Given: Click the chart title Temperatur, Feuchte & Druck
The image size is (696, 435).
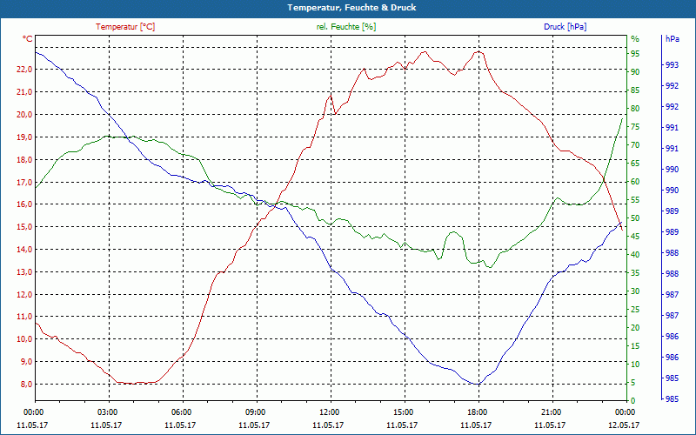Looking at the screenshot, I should (348, 7).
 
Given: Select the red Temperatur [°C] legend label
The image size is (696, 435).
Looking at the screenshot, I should (125, 27).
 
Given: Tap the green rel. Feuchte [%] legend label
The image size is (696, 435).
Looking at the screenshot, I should (346, 27).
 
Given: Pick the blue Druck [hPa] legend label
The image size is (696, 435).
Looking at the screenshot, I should (565, 27).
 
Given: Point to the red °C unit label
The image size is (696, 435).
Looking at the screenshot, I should (28, 39).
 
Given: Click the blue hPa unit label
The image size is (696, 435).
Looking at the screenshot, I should (672, 39).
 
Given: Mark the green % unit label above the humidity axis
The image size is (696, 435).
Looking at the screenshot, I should (635, 39).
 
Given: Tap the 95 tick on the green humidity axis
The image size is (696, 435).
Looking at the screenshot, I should (635, 53).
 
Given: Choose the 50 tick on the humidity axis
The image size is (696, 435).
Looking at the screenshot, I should (635, 218).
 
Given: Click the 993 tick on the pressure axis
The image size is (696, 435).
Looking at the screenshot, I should (672, 65).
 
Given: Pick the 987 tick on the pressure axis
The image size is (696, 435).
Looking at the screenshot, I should (672, 295).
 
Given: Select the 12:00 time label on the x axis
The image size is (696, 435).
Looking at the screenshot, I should (330, 412).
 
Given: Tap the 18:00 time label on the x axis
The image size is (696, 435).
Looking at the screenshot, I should (477, 412).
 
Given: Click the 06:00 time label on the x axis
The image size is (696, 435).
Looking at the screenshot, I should (182, 412).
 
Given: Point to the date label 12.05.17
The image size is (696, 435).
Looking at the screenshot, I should (624, 425).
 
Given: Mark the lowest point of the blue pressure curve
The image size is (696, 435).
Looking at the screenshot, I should (477, 385).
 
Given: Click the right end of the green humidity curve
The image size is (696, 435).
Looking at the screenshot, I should (623, 117).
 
